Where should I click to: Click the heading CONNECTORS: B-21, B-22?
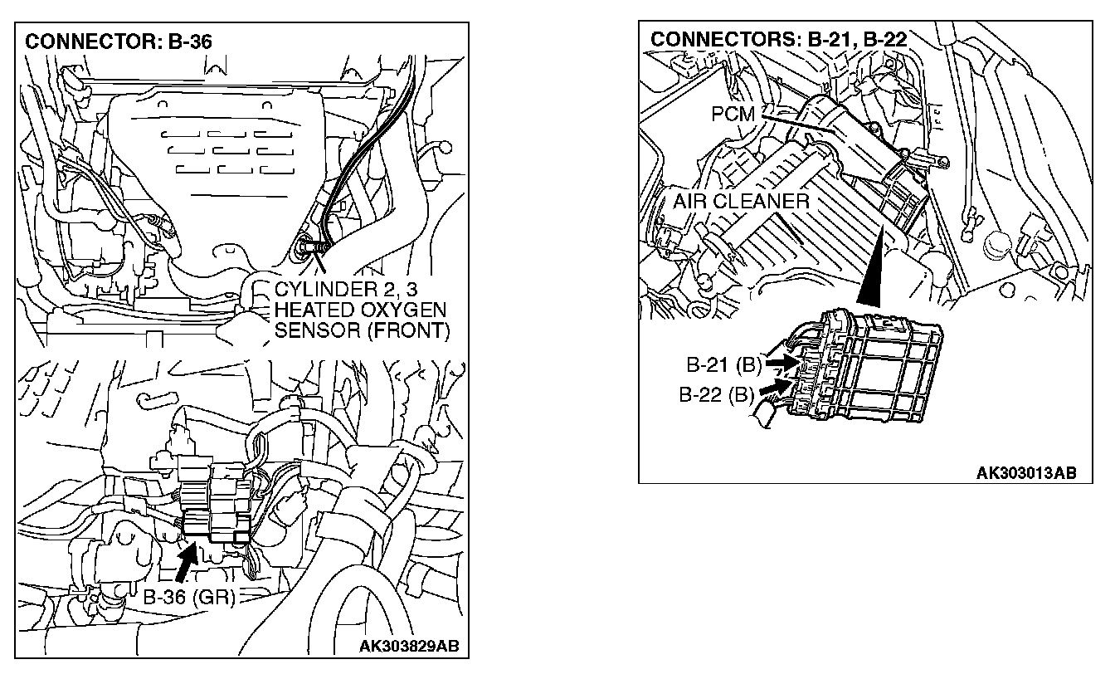(x=778, y=38)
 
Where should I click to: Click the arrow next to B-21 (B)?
(x=781, y=363)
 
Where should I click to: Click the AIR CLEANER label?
(x=741, y=201)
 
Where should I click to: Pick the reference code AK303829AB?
(x=409, y=645)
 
